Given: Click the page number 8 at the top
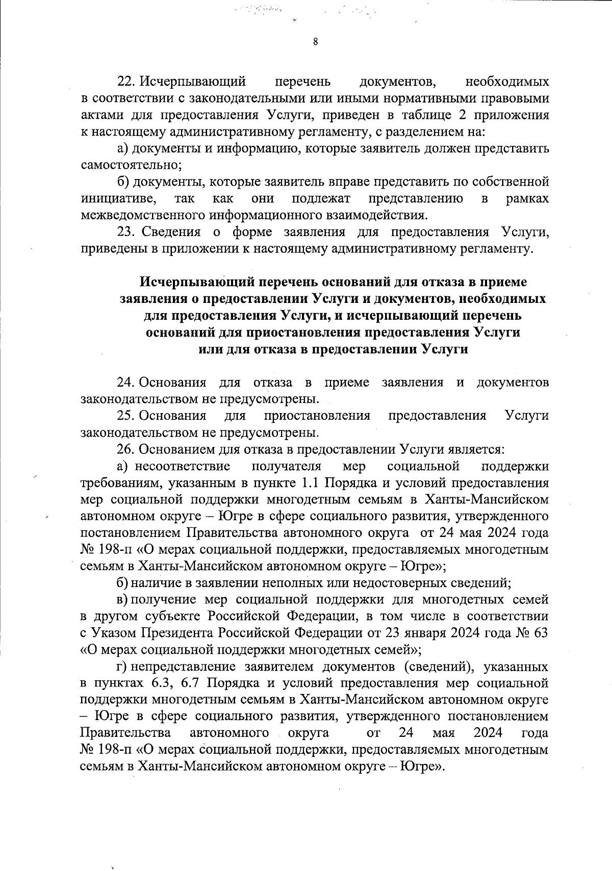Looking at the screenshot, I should tap(315, 42).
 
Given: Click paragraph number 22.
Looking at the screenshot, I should tap(125, 82).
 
